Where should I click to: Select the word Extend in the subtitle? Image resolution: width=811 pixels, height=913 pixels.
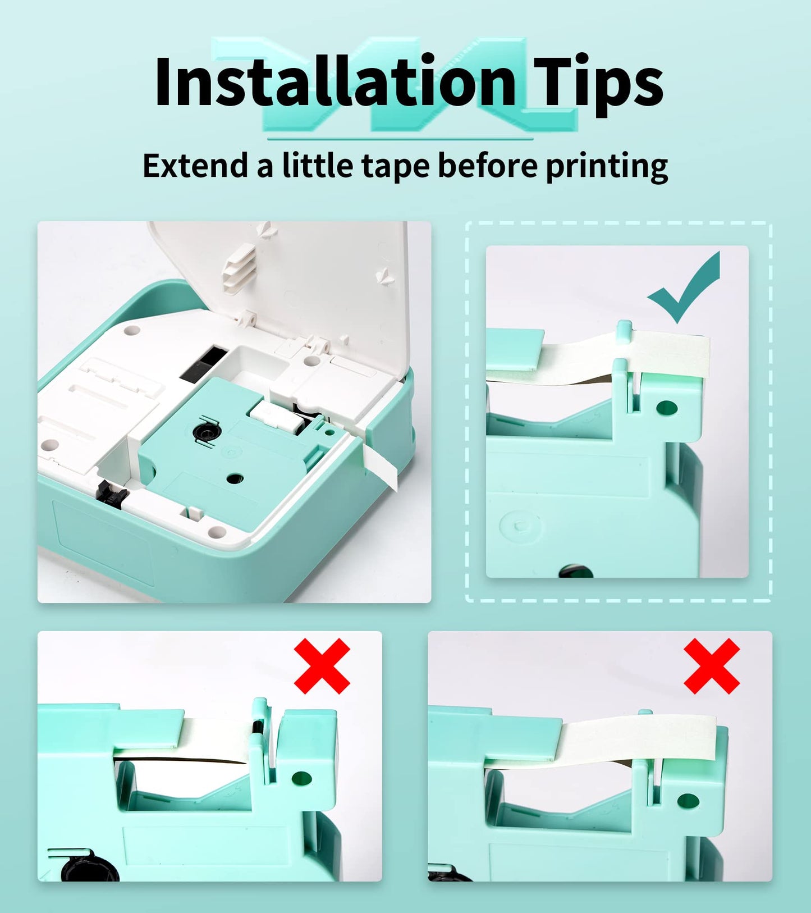[195, 166]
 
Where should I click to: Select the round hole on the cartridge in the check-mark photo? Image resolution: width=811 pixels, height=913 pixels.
[666, 407]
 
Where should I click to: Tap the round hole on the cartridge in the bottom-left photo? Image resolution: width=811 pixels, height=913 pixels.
[301, 778]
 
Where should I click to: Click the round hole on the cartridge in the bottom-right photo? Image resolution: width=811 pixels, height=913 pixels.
[688, 801]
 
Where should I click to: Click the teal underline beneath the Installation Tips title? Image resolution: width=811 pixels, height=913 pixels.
[400, 139]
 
